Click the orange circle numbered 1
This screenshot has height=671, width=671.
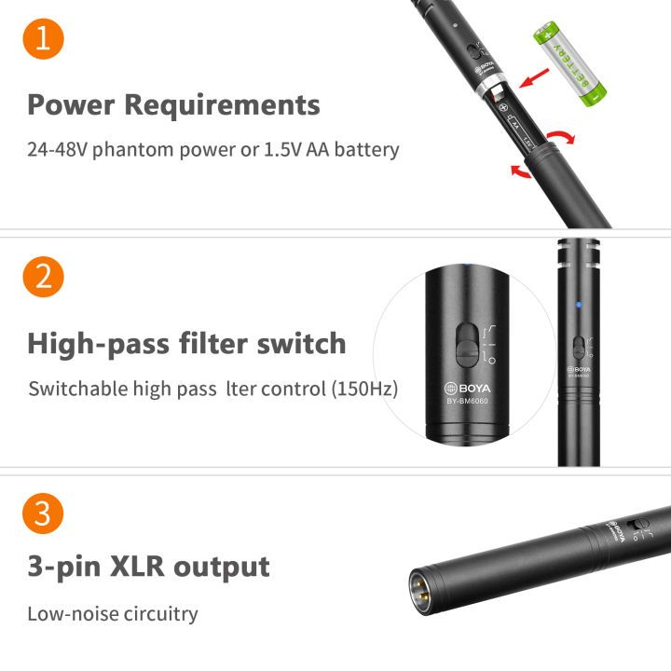pos(43,38)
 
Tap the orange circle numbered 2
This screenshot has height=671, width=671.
pos(43,277)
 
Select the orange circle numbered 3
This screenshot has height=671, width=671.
pos(43,514)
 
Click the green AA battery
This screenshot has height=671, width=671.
pos(569,64)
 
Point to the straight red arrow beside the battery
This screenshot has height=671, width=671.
pos(534,77)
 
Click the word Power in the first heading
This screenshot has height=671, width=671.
pos(72,104)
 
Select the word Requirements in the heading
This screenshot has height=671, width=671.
pos(222,104)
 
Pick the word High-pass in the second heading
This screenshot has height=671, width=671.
pos(99,345)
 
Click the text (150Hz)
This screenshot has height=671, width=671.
pos(365,389)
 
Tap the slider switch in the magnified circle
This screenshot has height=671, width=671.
pos(467,346)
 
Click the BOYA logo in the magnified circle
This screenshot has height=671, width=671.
pos(467,388)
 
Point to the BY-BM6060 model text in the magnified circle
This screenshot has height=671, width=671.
pos(467,402)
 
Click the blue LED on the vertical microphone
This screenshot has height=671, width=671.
pos(579,305)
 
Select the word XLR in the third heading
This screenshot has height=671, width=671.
pos(137,567)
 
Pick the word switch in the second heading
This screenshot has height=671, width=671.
pos(301,344)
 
